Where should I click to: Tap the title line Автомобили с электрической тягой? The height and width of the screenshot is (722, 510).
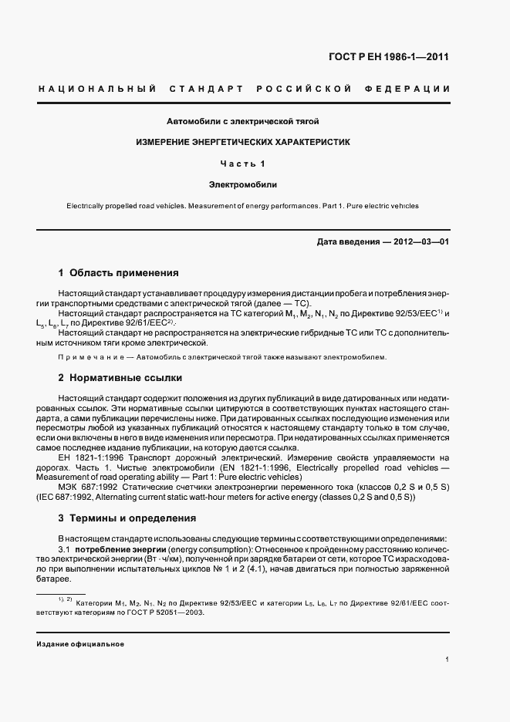(x=243, y=121)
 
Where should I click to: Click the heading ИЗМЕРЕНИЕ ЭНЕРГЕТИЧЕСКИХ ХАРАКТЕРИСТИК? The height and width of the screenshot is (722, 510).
(x=243, y=143)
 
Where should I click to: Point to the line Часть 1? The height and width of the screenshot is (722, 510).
(x=243, y=164)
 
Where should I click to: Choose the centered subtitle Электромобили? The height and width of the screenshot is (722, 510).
(x=243, y=185)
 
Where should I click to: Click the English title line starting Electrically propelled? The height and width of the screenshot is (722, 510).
(x=243, y=206)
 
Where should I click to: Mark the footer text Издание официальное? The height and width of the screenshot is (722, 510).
(x=80, y=644)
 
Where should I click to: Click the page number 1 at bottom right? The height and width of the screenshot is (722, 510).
(x=448, y=660)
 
